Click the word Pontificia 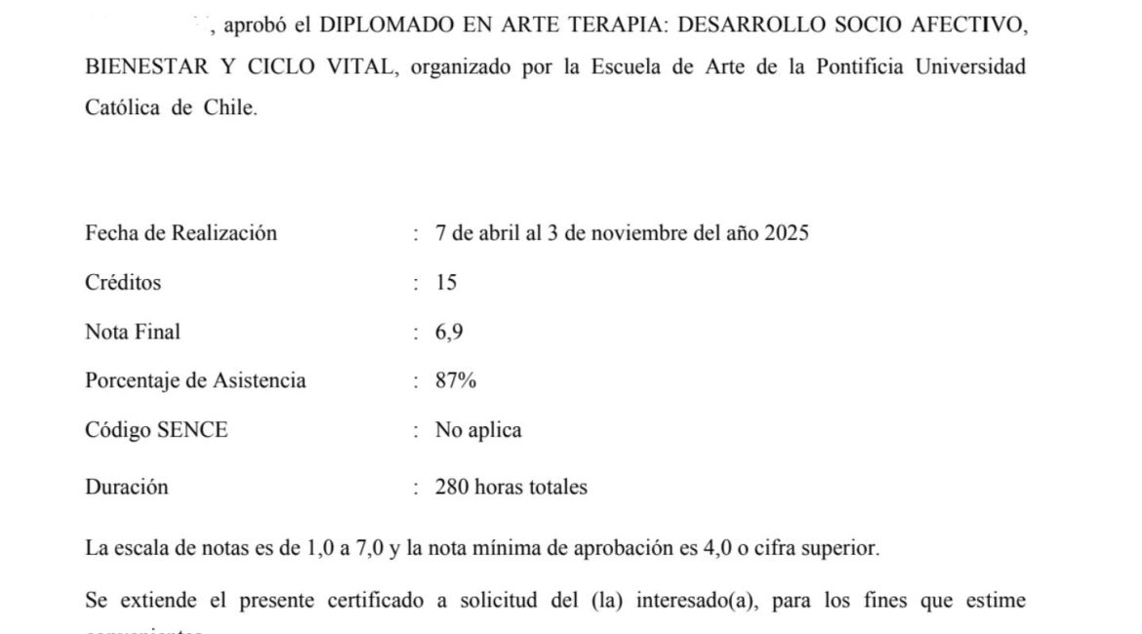(842, 67)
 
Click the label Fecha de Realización (181, 233)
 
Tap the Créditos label (123, 283)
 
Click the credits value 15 (446, 283)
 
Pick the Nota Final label (133, 332)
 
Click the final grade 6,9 (449, 332)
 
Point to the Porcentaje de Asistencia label (195, 380)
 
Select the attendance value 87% (456, 380)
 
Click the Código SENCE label (156, 430)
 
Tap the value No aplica (478, 430)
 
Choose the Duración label (126, 487)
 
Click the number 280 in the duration (452, 487)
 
